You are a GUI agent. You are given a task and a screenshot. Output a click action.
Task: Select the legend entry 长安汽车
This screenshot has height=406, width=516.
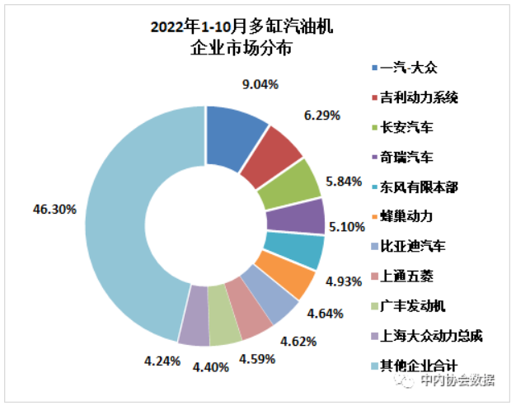(408, 127)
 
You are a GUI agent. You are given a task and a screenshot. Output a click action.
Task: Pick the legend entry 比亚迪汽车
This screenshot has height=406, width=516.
(414, 246)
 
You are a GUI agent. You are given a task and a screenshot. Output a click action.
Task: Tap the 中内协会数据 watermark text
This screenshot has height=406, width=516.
(457, 380)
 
